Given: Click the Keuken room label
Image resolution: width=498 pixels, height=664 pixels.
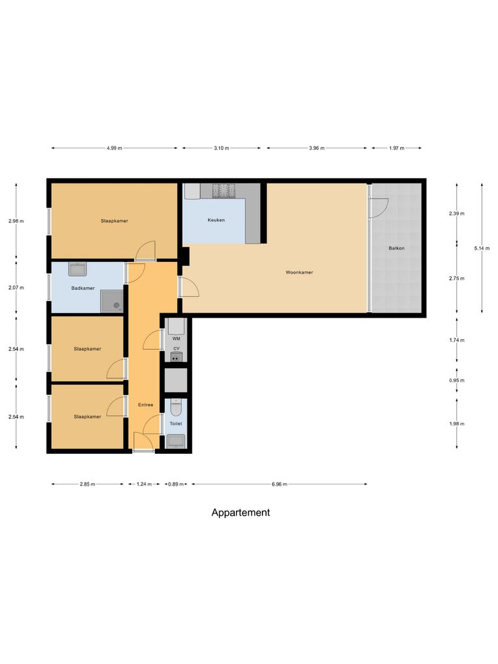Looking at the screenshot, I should coord(216,220).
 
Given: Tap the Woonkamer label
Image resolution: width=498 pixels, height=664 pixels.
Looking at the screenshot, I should coord(299,272).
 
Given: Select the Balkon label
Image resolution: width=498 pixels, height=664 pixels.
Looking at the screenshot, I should coord(397,248).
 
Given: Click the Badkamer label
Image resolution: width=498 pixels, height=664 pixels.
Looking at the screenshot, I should coord(83,288).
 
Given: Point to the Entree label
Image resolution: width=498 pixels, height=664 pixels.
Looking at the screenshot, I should coord(145,405).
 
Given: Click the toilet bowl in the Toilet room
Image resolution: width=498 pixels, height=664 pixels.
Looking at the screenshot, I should coord(176,408).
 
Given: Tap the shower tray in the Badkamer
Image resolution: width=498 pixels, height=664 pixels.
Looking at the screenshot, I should coord(112,301).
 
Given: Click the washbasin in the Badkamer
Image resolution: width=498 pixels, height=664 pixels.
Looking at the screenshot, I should coord(78,269).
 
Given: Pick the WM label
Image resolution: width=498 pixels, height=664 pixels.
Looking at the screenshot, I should coord(176,338).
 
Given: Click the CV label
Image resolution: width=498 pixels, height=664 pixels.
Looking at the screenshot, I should coord(176,349).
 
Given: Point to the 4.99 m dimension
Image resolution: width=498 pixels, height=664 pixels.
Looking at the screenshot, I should coord(114,148).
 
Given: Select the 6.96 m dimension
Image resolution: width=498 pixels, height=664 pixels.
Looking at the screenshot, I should coord(279,484).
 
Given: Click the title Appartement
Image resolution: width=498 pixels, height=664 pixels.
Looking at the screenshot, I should coord(241,512).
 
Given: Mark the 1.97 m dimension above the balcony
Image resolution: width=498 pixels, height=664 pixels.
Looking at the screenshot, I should coord(396,148).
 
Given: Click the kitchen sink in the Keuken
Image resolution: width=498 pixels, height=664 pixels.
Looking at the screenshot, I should coord(193,191).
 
